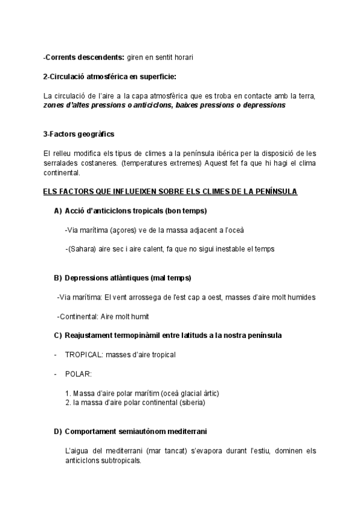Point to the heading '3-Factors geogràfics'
click(79, 134)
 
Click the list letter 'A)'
click(58, 211)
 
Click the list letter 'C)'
click(58, 335)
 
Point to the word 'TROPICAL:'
click(83, 354)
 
